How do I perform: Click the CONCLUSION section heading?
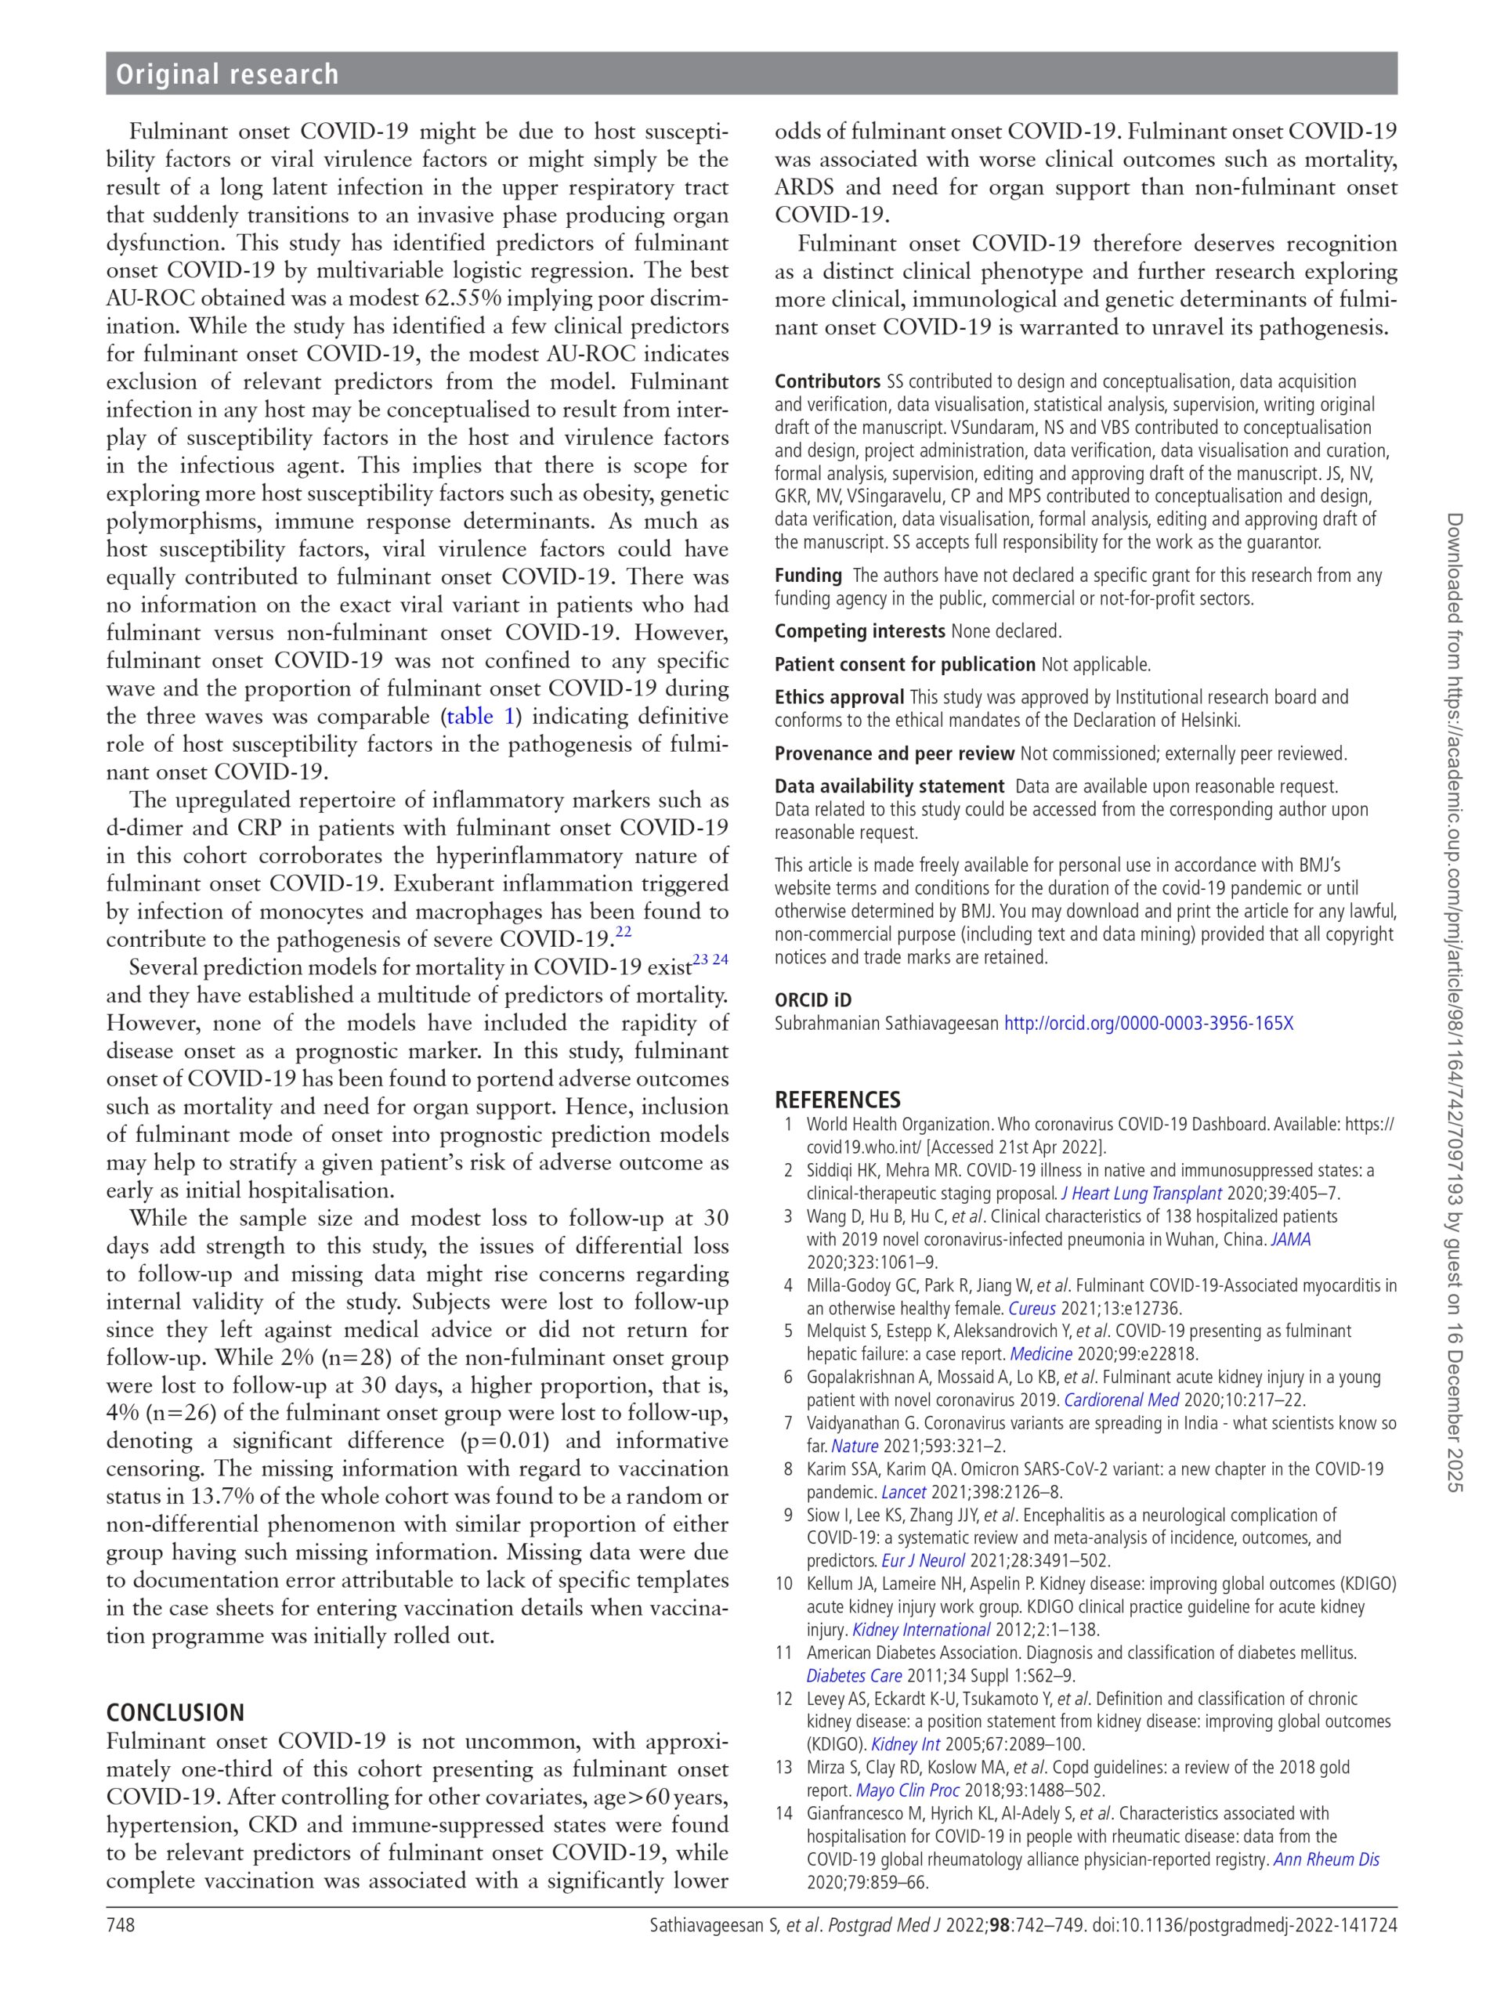tap(175, 1712)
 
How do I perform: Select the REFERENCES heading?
tap(837, 1100)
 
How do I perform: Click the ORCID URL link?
tap(1148, 1024)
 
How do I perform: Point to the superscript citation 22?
tap(624, 932)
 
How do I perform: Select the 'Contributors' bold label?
tap(826, 381)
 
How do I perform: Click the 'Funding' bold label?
tap(808, 576)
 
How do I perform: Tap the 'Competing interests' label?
tap(859, 630)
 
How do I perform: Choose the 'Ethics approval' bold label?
tap(839, 697)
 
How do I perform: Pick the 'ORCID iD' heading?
tap(812, 1000)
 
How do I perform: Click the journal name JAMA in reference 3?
tap(1291, 1239)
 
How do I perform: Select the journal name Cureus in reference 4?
tap(1033, 1308)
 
